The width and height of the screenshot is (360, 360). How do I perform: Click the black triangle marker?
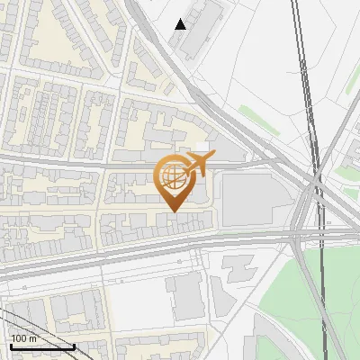coord(181,24)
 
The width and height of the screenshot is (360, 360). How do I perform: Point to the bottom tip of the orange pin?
coord(173,211)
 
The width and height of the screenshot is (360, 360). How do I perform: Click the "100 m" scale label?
coord(23,338)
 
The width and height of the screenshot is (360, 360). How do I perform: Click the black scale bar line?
coord(40,346)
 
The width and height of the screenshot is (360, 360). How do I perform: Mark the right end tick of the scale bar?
coord(74,345)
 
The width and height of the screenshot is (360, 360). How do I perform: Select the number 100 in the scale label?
coord(19,338)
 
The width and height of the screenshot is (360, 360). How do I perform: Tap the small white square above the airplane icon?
coord(202,146)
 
